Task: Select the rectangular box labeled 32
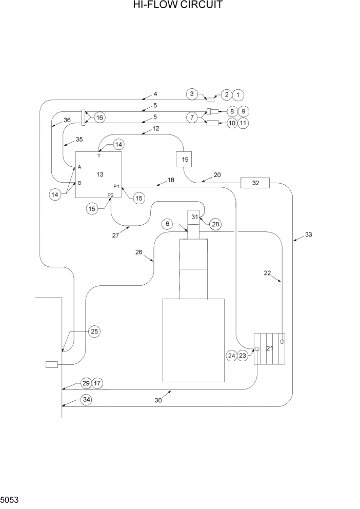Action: pos(255,183)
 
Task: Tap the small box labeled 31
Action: pos(195,218)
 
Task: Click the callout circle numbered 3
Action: pos(191,94)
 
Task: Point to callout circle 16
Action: pos(99,118)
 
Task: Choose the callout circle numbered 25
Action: pos(94,331)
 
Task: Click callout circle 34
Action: pos(87,399)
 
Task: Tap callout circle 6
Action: pos(167,224)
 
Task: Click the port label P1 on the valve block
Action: pos(116,186)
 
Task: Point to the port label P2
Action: pos(110,195)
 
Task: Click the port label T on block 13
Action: pos(98,155)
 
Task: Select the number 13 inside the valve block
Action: pos(99,175)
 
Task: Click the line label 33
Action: pos(308,234)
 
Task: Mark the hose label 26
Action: pos(138,251)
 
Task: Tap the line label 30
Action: pos(158,400)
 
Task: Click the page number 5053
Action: pos(10,499)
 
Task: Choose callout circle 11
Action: pos(244,123)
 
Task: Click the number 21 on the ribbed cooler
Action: pos(270,348)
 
